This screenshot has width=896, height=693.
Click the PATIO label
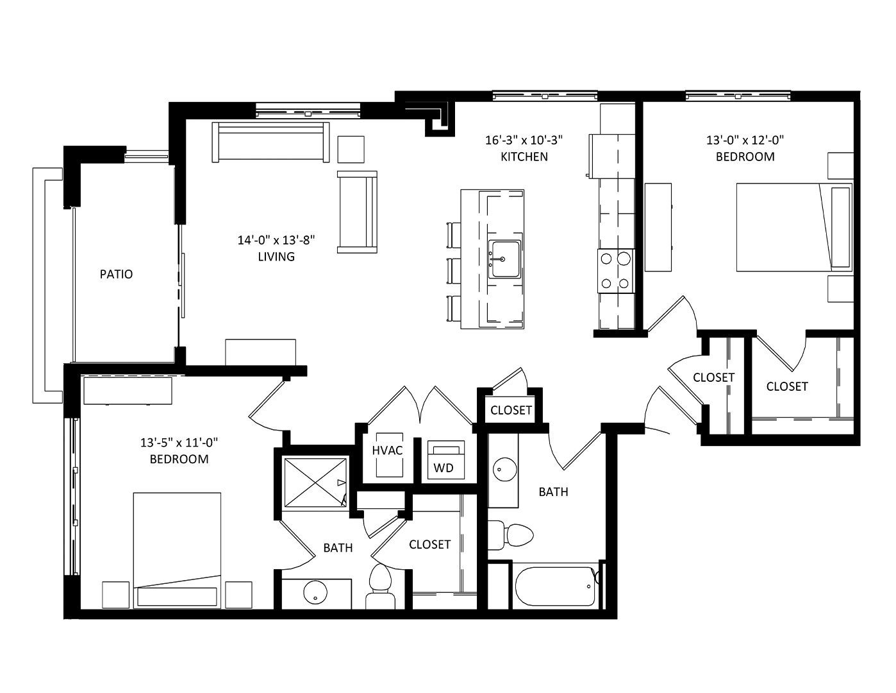(116, 274)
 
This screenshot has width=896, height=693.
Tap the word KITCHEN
(524, 157)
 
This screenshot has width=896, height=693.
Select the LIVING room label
(276, 257)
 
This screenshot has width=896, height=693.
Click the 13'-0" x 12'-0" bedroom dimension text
(745, 141)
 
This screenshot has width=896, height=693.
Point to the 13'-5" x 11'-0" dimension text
(179, 443)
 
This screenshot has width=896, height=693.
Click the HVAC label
(387, 450)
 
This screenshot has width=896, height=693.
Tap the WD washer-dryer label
(444, 468)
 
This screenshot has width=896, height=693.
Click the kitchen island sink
(504, 260)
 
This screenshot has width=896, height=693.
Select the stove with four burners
(616, 271)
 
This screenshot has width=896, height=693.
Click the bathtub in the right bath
(555, 586)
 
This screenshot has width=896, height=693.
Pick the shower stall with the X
(315, 482)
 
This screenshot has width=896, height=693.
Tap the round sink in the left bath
(315, 593)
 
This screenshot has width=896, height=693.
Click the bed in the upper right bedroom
(794, 227)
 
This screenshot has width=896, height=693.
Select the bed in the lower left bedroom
(177, 550)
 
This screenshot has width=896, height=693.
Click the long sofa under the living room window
(270, 142)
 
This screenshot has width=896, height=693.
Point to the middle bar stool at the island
(454, 271)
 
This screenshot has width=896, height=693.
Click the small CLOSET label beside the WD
(510, 410)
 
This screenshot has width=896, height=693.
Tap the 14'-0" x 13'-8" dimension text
(276, 240)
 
